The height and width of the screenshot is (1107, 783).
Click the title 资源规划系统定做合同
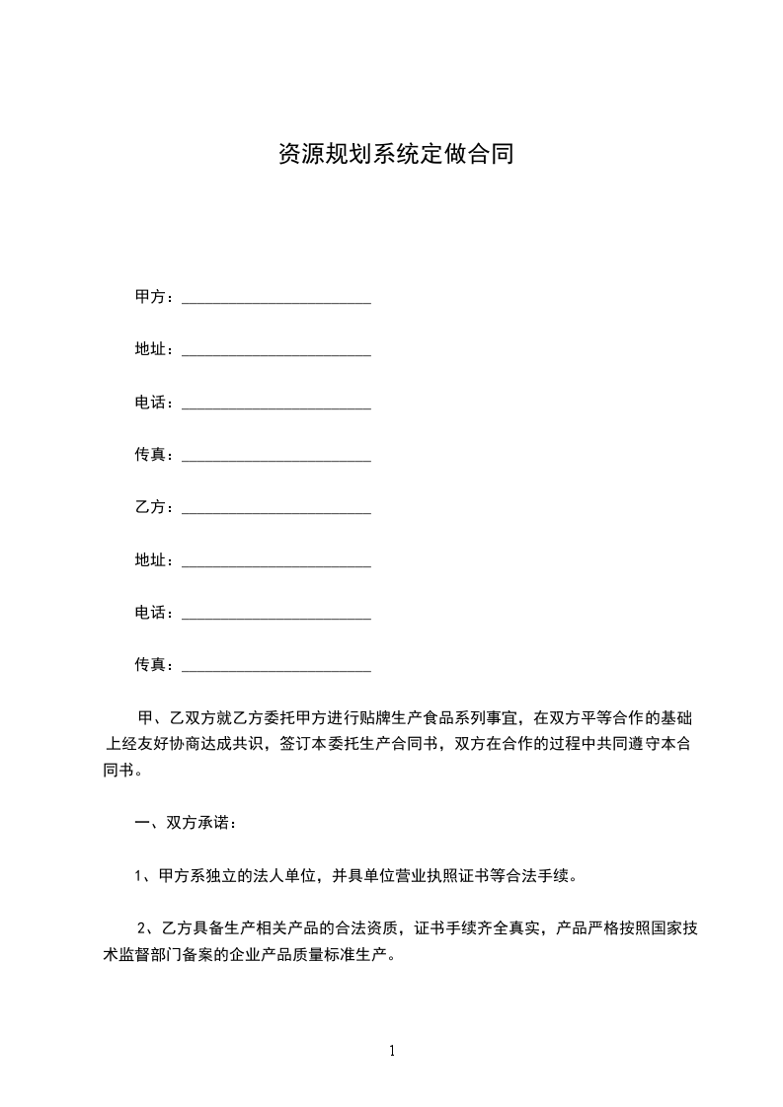[x=395, y=155]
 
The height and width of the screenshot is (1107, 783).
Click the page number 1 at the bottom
[x=392, y=1051]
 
